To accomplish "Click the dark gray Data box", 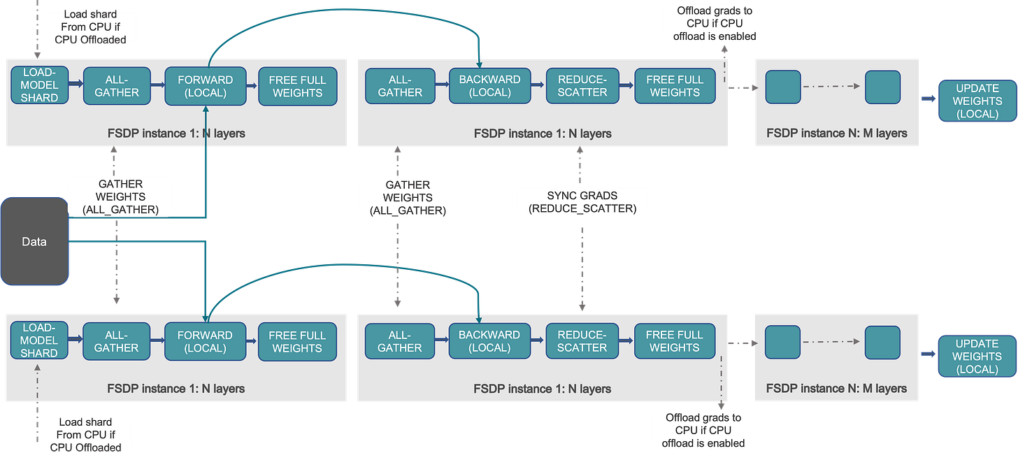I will [x=34, y=242].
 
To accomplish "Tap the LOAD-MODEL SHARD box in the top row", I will [x=39, y=86].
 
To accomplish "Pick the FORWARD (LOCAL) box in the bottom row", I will [x=205, y=341].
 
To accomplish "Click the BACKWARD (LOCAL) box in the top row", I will [x=489, y=86].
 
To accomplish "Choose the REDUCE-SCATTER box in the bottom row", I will [x=582, y=341].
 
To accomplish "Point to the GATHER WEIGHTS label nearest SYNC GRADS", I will [x=408, y=197].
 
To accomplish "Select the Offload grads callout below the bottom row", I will [x=703, y=430].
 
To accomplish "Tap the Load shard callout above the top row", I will [x=90, y=27].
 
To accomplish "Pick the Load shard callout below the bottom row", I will [x=85, y=434].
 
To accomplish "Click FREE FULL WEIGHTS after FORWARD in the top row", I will [x=297, y=86].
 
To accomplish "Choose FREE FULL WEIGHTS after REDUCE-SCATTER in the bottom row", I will [x=675, y=341].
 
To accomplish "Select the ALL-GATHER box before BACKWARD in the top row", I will [x=400, y=86].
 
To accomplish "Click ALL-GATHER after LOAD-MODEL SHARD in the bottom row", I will [x=116, y=341].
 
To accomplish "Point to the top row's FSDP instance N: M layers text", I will [x=836, y=133].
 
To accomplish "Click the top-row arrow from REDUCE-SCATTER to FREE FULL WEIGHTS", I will [x=626, y=86].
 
